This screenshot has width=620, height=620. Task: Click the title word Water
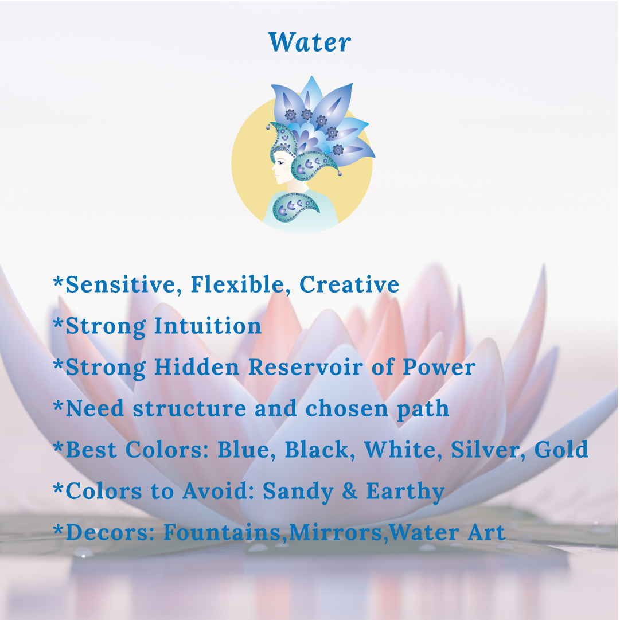(310, 42)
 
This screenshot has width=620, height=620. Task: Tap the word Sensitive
(120, 284)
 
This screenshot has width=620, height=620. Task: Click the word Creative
(349, 284)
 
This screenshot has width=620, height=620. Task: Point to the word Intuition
(208, 326)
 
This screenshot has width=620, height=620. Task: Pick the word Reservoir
(306, 367)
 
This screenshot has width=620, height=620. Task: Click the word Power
(439, 367)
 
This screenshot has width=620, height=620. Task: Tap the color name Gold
(561, 450)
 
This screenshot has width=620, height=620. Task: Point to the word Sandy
(298, 492)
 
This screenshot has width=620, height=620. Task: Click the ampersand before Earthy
(349, 491)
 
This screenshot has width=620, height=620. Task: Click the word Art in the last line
(486, 532)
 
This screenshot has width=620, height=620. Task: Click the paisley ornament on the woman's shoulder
(296, 207)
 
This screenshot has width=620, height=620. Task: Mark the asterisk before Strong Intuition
(59, 323)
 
